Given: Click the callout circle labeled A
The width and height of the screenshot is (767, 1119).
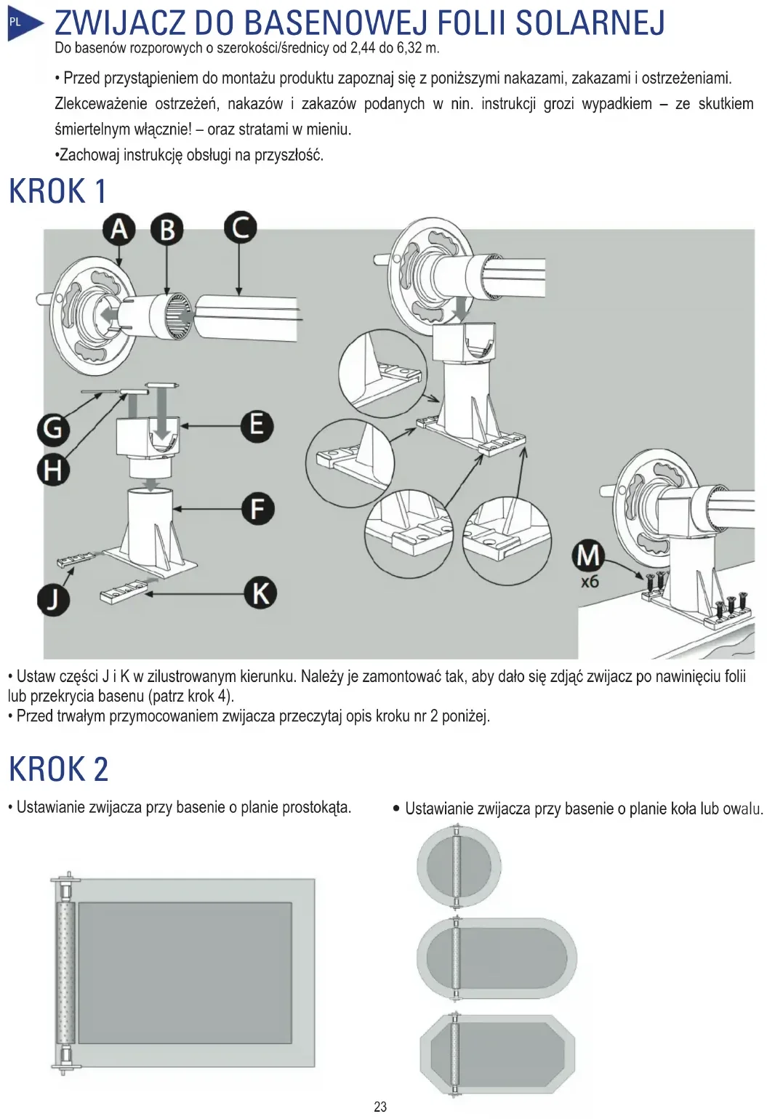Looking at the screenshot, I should click(119, 230).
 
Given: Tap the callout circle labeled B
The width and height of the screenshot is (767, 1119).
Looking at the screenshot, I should click(167, 230).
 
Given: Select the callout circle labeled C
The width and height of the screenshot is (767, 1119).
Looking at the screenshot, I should click(240, 228).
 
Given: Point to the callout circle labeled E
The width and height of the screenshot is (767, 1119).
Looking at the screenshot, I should click(257, 425).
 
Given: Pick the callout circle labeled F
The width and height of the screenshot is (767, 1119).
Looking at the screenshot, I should click(257, 509).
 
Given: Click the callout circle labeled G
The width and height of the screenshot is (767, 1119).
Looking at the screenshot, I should click(53, 429).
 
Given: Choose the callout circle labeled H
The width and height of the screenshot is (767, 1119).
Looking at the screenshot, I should click(53, 470).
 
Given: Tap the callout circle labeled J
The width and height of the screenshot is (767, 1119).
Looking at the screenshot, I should click(53, 600).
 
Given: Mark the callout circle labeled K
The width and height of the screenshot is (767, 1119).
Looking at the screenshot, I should click(260, 593).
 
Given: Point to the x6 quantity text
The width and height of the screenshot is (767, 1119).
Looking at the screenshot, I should click(590, 582).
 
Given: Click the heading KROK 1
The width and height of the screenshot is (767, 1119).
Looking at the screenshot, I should click(57, 192).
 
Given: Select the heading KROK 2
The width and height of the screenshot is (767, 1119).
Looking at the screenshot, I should click(58, 769).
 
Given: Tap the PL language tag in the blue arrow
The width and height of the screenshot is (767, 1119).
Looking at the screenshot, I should click(15, 23).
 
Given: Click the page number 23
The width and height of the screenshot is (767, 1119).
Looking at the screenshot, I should click(380, 1107).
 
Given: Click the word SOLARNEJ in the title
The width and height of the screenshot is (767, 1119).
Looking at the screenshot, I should click(590, 23).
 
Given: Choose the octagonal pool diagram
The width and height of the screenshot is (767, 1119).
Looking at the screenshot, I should click(498, 1054).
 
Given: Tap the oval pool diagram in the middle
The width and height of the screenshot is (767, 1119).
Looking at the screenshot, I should click(497, 959).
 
